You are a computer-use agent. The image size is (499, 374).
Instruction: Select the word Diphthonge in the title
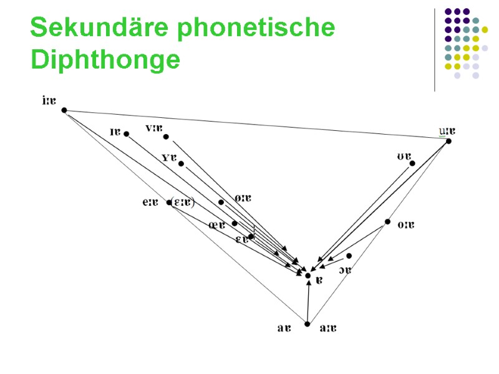coord(105,61)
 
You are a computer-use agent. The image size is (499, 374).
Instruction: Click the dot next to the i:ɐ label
coord(64,110)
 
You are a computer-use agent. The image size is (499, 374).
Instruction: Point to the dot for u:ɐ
coord(448,141)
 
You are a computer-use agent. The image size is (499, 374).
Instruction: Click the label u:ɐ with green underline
coord(447,131)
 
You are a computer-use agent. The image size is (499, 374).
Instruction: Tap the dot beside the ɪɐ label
coord(126,134)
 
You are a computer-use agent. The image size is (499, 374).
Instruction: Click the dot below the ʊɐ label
coord(412,164)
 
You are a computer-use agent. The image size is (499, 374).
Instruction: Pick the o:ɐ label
coord(405,224)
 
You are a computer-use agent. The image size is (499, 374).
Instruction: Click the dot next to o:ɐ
coord(387,222)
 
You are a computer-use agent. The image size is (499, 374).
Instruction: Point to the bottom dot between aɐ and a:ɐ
coord(308,324)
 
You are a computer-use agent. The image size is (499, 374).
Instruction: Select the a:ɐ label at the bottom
coord(327,328)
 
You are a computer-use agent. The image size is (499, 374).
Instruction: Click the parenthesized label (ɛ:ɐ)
coord(183,202)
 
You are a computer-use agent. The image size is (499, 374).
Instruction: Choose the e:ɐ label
coord(150,202)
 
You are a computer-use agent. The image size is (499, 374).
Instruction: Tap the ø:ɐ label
coord(242,198)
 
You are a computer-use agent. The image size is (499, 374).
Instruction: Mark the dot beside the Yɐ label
coord(181,164)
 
